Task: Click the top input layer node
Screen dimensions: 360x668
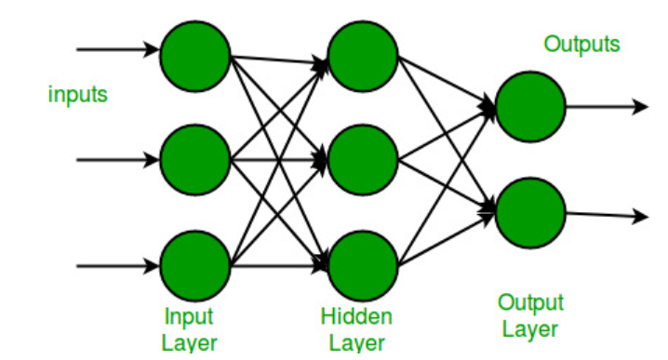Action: tap(195, 52)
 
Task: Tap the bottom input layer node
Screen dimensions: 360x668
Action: tap(195, 266)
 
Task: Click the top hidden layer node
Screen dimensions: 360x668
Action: tap(362, 52)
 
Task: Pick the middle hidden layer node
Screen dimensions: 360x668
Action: tap(362, 160)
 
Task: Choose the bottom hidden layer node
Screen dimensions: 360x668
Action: tap(362, 266)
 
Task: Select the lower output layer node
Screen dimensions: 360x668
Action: tap(530, 213)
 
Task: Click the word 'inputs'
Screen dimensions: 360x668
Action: tap(78, 94)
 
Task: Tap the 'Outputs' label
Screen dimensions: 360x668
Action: tap(581, 44)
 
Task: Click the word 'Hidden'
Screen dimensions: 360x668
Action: tap(356, 316)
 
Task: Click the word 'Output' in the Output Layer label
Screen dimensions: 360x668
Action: tap(530, 302)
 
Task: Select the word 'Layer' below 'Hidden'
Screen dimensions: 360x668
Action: tap(356, 343)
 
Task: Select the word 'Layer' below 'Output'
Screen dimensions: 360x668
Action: tap(530, 329)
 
